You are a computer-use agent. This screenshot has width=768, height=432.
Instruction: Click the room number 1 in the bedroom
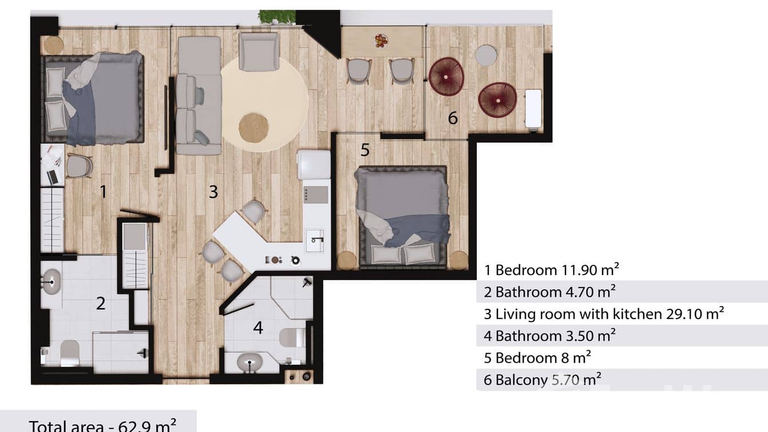tap(104, 191)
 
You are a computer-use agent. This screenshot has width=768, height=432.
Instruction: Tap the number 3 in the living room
tap(213, 191)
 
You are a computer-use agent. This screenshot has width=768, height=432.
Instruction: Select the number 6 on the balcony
tap(453, 118)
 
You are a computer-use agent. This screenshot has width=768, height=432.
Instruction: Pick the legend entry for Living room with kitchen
tap(604, 313)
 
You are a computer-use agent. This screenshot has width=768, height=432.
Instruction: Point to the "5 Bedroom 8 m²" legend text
tap(537, 358)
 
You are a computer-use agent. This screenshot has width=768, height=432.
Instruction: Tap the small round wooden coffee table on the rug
tap(254, 127)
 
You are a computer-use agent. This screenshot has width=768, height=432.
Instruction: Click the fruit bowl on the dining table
tap(381, 41)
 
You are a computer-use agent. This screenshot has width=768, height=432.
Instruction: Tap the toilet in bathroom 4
tap(292, 337)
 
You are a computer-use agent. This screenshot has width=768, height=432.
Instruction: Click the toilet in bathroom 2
tap(69, 351)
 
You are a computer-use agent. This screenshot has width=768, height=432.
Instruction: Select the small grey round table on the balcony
tap(486, 55)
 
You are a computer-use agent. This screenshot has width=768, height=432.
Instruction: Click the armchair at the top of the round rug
tap(259, 51)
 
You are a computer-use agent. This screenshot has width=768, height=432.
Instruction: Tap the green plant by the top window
tap(277, 17)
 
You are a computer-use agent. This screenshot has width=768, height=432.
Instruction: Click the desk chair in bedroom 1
tap(79, 166)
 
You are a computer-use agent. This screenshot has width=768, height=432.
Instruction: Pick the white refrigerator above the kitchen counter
tap(314, 164)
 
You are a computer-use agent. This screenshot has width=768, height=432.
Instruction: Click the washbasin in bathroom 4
tap(251, 362)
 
